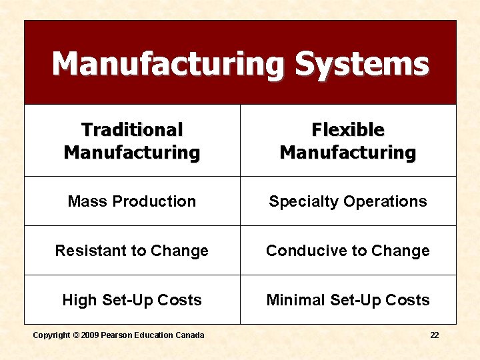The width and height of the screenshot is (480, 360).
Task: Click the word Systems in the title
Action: [x=362, y=65]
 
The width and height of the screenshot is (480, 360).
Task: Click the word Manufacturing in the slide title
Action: [x=169, y=65]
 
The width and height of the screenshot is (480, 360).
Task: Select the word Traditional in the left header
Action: [x=132, y=129]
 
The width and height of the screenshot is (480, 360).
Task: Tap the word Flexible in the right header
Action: [x=348, y=129]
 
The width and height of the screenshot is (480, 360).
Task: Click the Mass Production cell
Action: [x=132, y=201]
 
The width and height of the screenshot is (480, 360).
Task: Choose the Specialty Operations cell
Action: [x=348, y=201]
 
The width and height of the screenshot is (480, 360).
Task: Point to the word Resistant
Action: [x=87, y=251]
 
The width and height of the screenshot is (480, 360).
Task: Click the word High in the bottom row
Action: [x=79, y=300]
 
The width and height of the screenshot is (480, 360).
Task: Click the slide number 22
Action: [x=435, y=335]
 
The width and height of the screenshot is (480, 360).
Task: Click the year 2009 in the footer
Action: [x=91, y=335]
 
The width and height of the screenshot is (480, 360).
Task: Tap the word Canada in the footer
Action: [x=189, y=335]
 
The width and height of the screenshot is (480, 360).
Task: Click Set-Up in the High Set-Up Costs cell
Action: [x=132, y=300]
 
